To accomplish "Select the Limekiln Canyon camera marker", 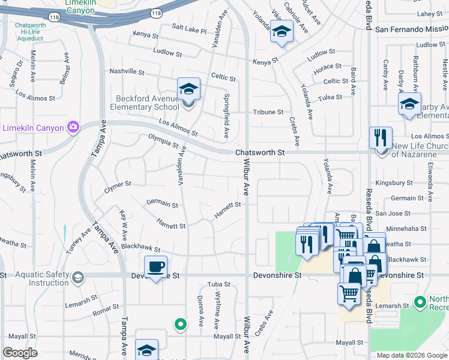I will pyautogui.click(x=73, y=127).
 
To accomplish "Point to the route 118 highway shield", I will pyautogui.click(x=156, y=13).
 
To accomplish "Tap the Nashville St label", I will pyautogui.click(x=127, y=72).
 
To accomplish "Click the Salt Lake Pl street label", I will pyautogui.click(x=189, y=29).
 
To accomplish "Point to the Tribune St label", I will pyautogui.click(x=268, y=112).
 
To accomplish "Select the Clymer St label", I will pyautogui.click(x=117, y=187).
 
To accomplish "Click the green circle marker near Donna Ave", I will pyautogui.click(x=179, y=325).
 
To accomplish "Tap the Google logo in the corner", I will pyautogui.click(x=20, y=353).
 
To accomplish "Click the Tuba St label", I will pyautogui.click(x=214, y=284).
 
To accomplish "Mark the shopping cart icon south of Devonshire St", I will pyautogui.click(x=349, y=293).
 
